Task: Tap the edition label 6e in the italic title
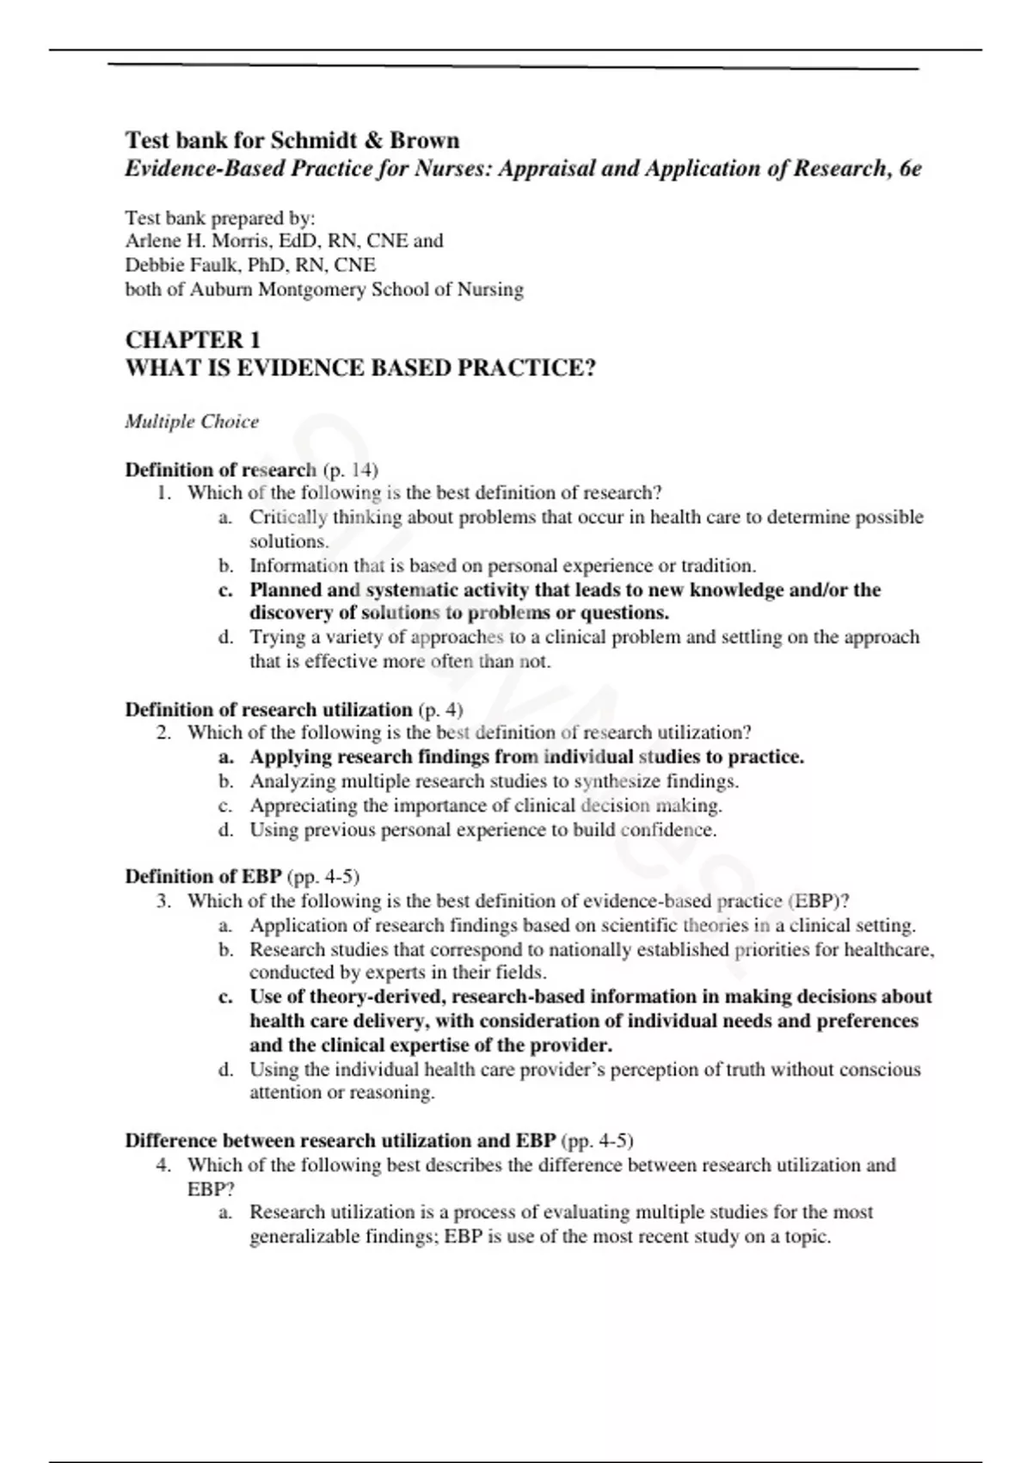[x=909, y=169]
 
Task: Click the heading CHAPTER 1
[x=193, y=340]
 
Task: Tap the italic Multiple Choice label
[x=191, y=422]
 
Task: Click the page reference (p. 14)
[x=350, y=470]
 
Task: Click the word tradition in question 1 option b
[x=717, y=565]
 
